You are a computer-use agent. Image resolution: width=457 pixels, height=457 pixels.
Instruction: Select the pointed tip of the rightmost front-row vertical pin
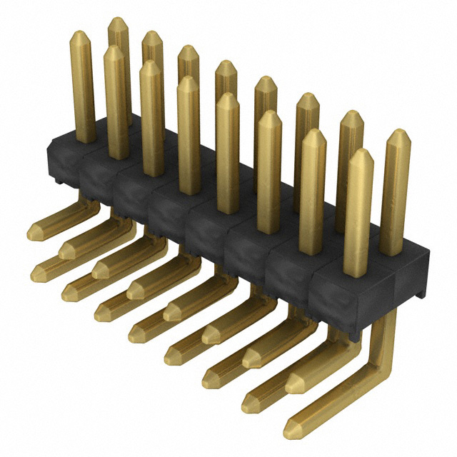click(x=358, y=153)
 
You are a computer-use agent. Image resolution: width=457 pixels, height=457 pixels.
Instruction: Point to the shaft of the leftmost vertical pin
click(x=84, y=93)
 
